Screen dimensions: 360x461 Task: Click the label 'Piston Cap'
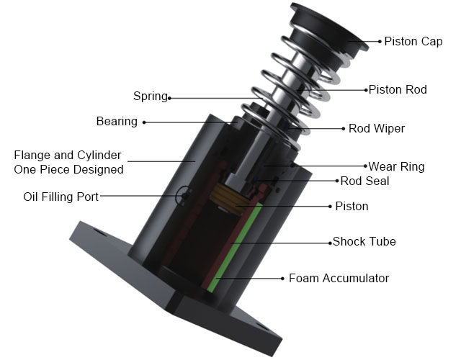pyautogui.click(x=413, y=41)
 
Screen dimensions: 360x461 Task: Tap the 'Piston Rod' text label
pyautogui.click(x=398, y=90)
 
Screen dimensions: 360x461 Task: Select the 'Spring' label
pyautogui.click(x=150, y=96)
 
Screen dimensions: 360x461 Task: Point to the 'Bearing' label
pyautogui.click(x=116, y=121)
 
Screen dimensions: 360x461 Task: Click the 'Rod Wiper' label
pyautogui.click(x=377, y=129)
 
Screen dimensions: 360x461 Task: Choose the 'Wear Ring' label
pyautogui.click(x=396, y=166)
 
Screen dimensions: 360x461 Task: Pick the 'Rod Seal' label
pyautogui.click(x=364, y=181)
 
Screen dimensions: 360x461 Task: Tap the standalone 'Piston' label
pyautogui.click(x=352, y=206)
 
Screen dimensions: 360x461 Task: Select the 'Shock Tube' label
pyautogui.click(x=364, y=241)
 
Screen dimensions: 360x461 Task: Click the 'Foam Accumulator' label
pyautogui.click(x=339, y=278)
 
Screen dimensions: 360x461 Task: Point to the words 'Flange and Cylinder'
pyautogui.click(x=68, y=155)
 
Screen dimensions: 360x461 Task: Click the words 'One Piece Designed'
pyautogui.click(x=68, y=169)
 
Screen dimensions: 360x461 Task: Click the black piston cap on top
pyautogui.click(x=328, y=25)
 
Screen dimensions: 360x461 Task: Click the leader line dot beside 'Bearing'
pyautogui.click(x=143, y=122)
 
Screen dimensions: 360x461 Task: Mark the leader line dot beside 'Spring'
pyautogui.click(x=170, y=97)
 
